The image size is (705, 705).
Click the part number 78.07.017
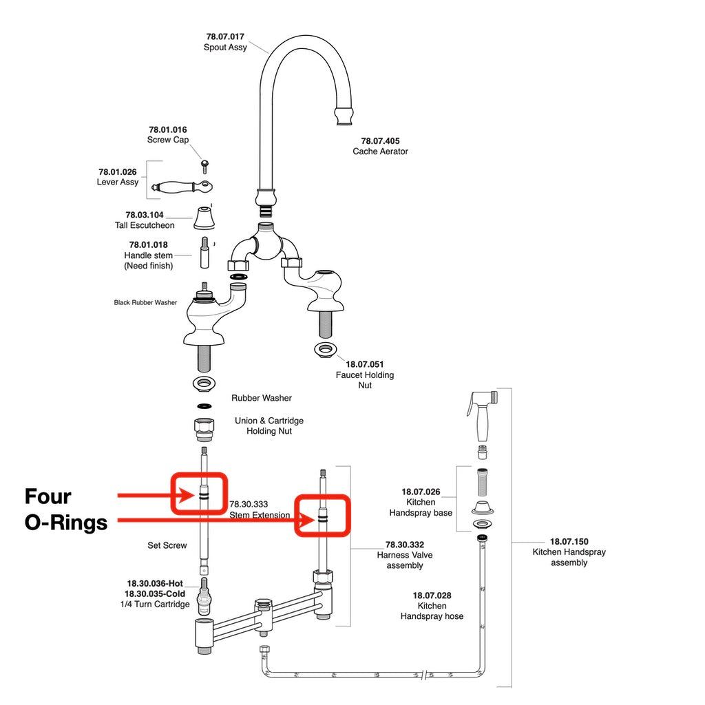pos(225,36)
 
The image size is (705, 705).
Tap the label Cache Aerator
pos(380,151)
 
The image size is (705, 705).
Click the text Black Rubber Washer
pos(145,302)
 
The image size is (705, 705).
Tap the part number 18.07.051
pos(364,364)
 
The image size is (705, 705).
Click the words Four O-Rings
pos(66,509)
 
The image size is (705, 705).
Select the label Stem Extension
pos(260,515)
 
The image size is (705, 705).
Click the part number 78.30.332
pos(404,545)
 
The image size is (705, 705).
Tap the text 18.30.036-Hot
pos(154,583)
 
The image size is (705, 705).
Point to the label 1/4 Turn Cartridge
pos(155,604)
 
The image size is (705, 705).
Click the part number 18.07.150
pos(569,542)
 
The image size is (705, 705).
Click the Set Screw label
pos(167,545)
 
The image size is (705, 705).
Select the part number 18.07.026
pos(421,492)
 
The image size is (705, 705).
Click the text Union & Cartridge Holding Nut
pos(269,425)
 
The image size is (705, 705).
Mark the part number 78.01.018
pos(148,244)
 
